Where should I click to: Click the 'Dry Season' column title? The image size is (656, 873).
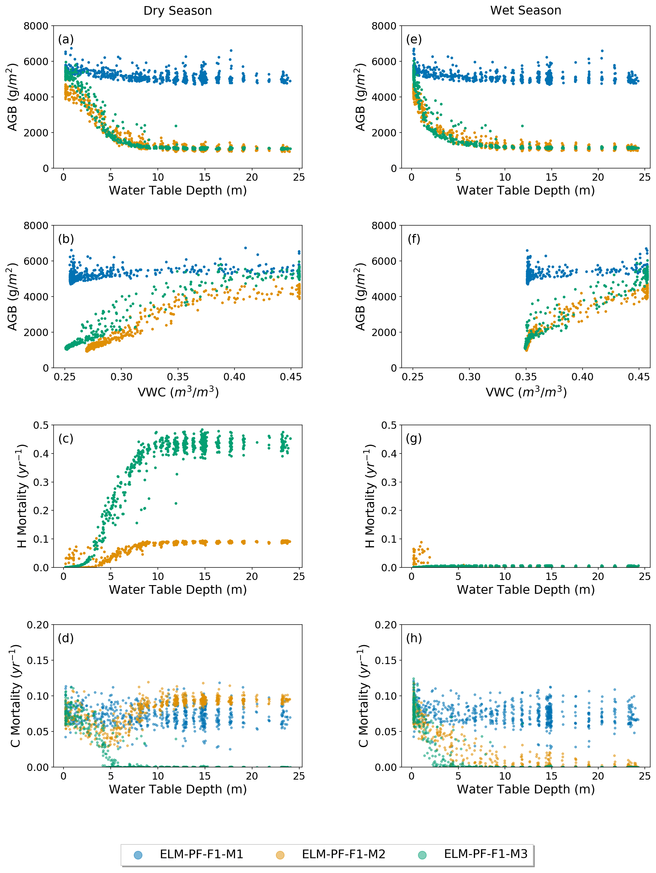pos(177,11)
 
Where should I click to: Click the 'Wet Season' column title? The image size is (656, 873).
pos(525,11)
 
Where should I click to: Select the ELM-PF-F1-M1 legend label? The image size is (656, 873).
pos(201,854)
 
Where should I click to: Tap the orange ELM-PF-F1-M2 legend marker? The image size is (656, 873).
pos(280,855)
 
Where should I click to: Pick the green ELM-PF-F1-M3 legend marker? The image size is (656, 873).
pos(422,855)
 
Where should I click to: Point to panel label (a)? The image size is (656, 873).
pos(66,39)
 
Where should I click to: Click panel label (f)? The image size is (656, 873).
pos(414,239)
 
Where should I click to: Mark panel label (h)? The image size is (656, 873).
pos(414,638)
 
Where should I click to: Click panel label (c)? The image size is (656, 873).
pos(66,438)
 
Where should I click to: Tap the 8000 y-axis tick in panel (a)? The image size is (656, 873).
pos(36,26)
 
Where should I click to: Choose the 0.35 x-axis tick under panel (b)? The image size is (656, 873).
pos(177,377)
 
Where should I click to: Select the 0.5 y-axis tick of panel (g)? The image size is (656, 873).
pos(389,426)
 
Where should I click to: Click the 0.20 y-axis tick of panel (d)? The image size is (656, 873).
pos(38,625)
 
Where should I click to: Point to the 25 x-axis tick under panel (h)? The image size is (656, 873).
pos(644,776)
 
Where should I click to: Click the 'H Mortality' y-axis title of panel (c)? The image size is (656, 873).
pos(22,496)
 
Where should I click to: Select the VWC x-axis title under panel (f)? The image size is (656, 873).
pos(525,392)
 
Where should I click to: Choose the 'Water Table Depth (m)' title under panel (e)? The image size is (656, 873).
pos(525,191)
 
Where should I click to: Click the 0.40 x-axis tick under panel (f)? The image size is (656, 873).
pos(582,377)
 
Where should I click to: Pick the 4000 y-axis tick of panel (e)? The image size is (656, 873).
pos(384,97)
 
